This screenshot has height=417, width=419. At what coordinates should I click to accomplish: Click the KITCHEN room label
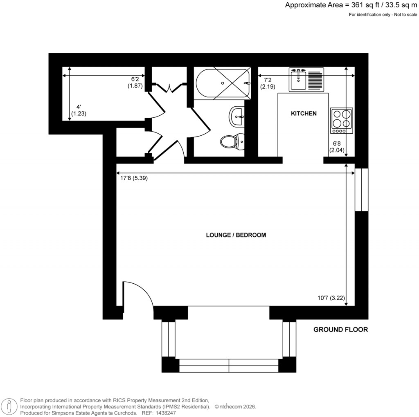tap(304, 113)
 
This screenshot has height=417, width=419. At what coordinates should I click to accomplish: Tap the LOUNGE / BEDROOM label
tap(236, 235)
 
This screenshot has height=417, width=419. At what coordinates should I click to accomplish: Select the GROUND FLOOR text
tap(340, 330)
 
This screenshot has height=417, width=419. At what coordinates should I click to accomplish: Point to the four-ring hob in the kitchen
tap(342, 121)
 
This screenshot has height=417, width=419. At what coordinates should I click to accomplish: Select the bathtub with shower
tap(223, 83)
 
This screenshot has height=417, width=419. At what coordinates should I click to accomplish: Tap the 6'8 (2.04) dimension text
tap(337, 147)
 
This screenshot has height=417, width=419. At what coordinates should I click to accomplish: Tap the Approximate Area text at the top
tap(351, 5)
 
